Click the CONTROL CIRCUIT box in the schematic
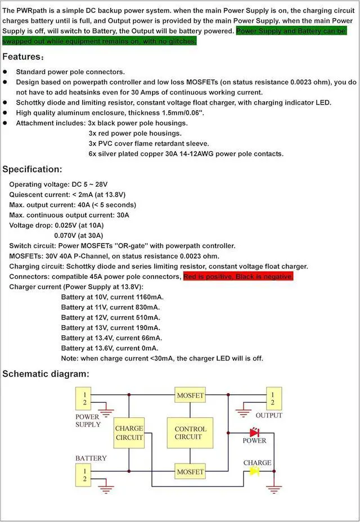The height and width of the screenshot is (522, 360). pyautogui.click(x=190, y=433)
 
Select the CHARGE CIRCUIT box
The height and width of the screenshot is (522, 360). pyautogui.click(x=129, y=433)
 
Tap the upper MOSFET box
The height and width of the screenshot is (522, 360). pyautogui.click(x=190, y=395)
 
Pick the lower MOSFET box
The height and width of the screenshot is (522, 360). pyautogui.click(x=190, y=471)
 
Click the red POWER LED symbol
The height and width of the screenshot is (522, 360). pyautogui.click(x=254, y=432)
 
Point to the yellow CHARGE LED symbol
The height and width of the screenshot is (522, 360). pyautogui.click(x=254, y=471)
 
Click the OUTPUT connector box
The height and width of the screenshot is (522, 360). pyautogui.click(x=273, y=398)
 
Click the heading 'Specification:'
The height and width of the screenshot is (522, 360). pyautogui.click(x=33, y=169)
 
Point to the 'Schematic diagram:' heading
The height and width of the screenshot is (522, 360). pyautogui.click(x=46, y=373)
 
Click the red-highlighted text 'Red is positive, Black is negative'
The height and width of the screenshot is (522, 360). pyautogui.click(x=238, y=277)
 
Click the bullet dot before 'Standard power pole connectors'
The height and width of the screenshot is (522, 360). pyautogui.click(x=5, y=72)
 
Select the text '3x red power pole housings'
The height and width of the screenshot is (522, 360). pyautogui.click(x=135, y=133)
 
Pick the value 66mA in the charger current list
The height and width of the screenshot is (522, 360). pyautogui.click(x=151, y=337)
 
